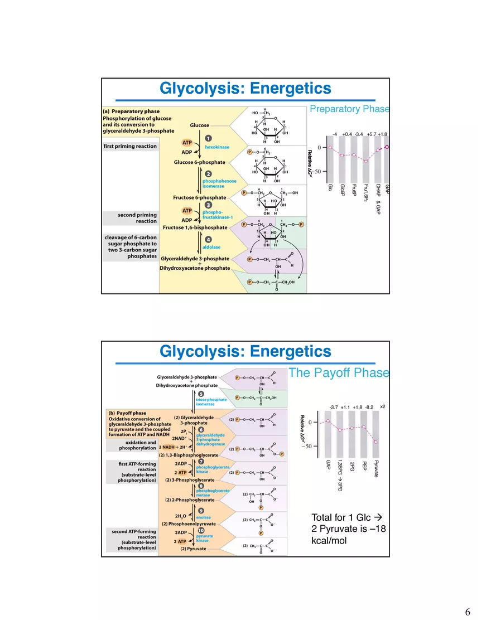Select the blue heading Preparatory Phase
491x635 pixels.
click(x=349, y=109)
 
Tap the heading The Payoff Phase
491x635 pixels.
click(x=339, y=373)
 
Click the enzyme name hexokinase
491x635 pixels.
click(x=218, y=147)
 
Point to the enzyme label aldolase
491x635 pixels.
click(x=211, y=247)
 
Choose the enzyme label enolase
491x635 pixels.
click(x=204, y=517)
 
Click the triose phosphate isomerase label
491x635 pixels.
click(x=211, y=402)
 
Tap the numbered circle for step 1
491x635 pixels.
click(x=208, y=138)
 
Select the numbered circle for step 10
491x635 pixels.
click(x=201, y=530)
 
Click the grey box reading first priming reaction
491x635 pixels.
click(x=131, y=146)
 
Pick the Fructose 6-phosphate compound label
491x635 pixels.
click(x=200, y=197)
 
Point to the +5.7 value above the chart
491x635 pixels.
click(x=372, y=134)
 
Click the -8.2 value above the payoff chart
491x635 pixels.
click(x=369, y=408)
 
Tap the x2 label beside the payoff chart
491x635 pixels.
click(x=383, y=406)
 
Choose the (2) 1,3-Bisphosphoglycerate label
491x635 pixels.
click(x=188, y=455)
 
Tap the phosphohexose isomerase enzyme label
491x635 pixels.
click(x=219, y=183)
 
